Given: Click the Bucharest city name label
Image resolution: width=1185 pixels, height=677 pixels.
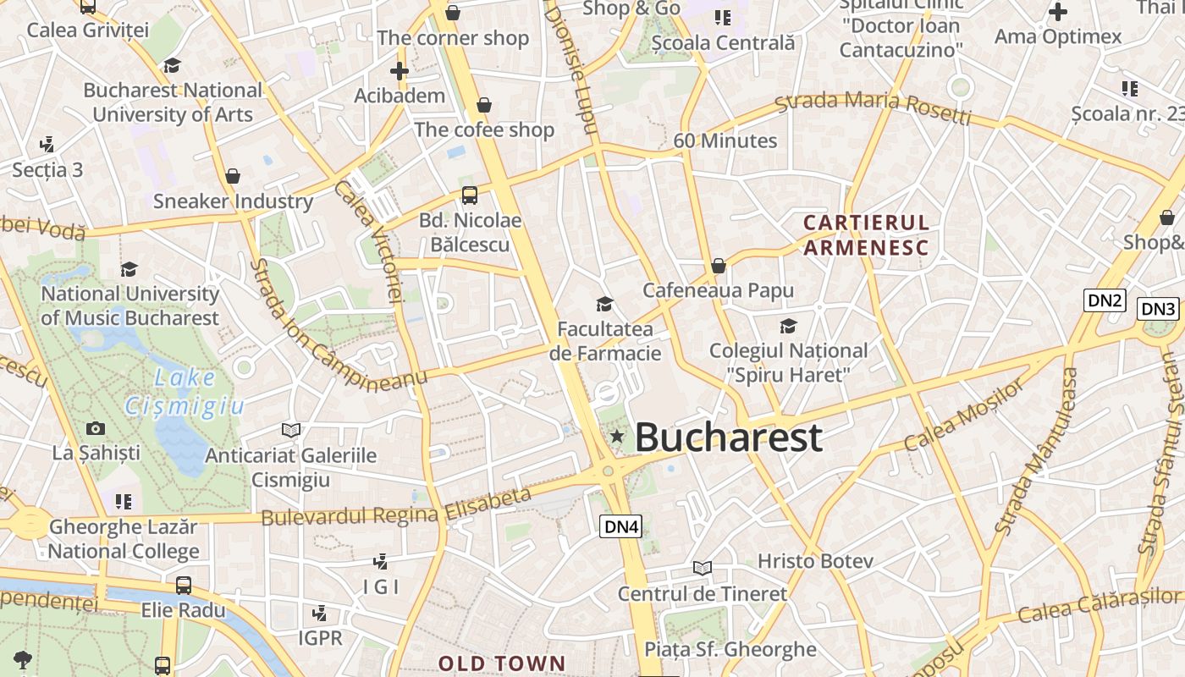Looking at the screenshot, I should click(x=728, y=437).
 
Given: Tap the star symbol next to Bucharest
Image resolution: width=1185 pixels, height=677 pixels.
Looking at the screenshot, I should click(x=617, y=437).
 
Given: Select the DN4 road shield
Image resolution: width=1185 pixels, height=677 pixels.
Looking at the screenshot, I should click(x=621, y=526).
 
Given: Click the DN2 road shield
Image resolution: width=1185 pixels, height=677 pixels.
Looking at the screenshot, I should click(x=1105, y=300).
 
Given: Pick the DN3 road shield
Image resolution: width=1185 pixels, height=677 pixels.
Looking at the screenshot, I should click(x=1157, y=309).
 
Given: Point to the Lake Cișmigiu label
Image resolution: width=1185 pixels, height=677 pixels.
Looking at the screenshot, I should click(x=185, y=392).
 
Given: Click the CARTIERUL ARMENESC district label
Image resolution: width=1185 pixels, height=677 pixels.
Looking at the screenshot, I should click(x=866, y=234).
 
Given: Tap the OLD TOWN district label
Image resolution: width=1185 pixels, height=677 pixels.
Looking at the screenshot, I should click(x=501, y=663).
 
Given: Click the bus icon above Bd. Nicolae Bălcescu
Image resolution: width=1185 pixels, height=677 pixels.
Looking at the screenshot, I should click(x=469, y=195).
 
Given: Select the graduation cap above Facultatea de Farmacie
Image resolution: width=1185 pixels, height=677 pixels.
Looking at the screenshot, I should click(x=604, y=304).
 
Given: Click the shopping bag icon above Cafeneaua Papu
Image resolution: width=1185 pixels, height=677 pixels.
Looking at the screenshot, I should click(x=719, y=266).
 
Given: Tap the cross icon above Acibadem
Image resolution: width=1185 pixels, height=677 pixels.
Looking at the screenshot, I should click(x=400, y=71).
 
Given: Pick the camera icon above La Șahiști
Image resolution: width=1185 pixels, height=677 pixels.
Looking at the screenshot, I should click(x=96, y=429).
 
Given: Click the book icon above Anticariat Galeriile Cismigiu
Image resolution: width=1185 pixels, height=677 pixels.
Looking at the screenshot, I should click(x=291, y=430).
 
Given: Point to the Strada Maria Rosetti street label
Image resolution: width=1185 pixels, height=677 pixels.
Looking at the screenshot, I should click(x=874, y=107).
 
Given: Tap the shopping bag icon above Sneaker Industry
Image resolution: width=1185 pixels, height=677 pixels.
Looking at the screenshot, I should click(x=233, y=176).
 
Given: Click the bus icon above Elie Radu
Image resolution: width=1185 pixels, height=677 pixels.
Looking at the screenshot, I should click(x=183, y=585).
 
